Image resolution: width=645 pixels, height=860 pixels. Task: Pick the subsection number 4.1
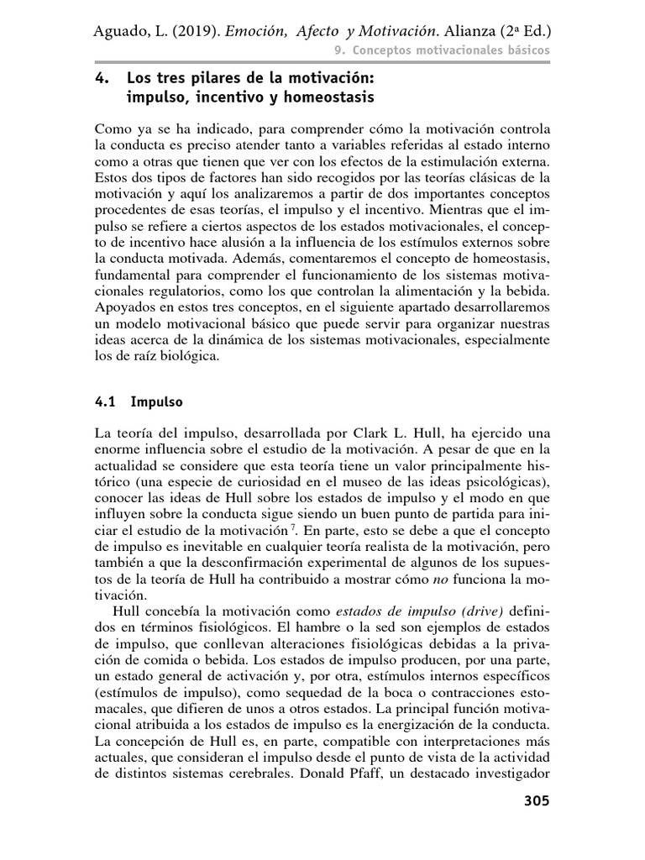[x=105, y=401]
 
